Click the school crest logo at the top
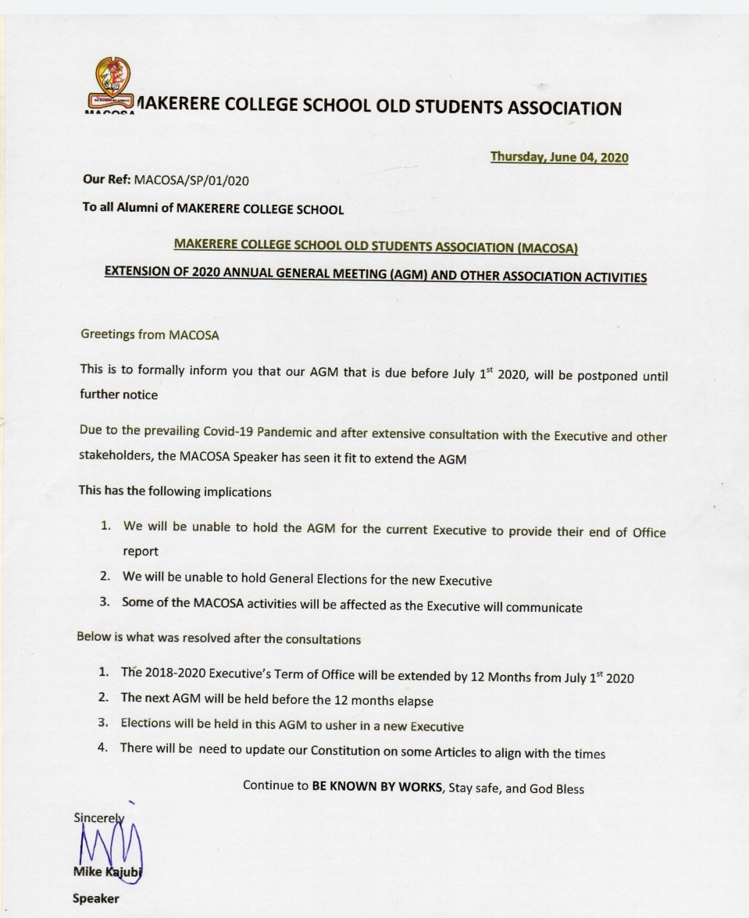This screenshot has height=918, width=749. [111, 84]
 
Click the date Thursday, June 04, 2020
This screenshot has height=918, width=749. [558, 157]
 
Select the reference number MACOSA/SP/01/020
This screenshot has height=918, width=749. [191, 180]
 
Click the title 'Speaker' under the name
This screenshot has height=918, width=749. [96, 898]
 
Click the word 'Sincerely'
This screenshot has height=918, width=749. [99, 817]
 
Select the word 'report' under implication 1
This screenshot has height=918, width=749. [141, 551]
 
